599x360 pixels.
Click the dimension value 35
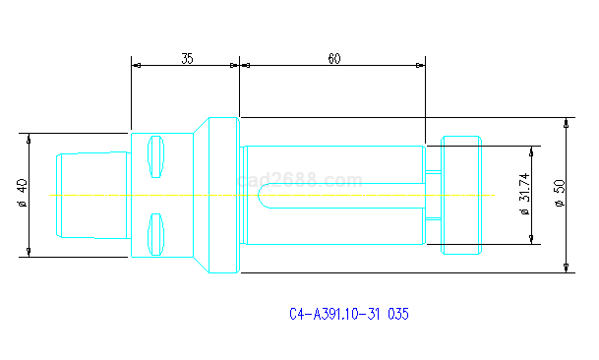[x=187, y=58]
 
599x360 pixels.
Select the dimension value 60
[x=333, y=58]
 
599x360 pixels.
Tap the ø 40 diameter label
[x=23, y=193]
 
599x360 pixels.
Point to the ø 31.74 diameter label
[x=525, y=194]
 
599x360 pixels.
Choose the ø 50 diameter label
[x=560, y=194]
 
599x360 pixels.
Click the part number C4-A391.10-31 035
[x=349, y=314]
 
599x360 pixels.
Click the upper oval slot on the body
[x=155, y=156]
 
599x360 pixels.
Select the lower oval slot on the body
[x=155, y=234]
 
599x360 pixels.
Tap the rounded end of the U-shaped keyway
[x=259, y=196]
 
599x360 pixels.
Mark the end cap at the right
[x=461, y=195]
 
